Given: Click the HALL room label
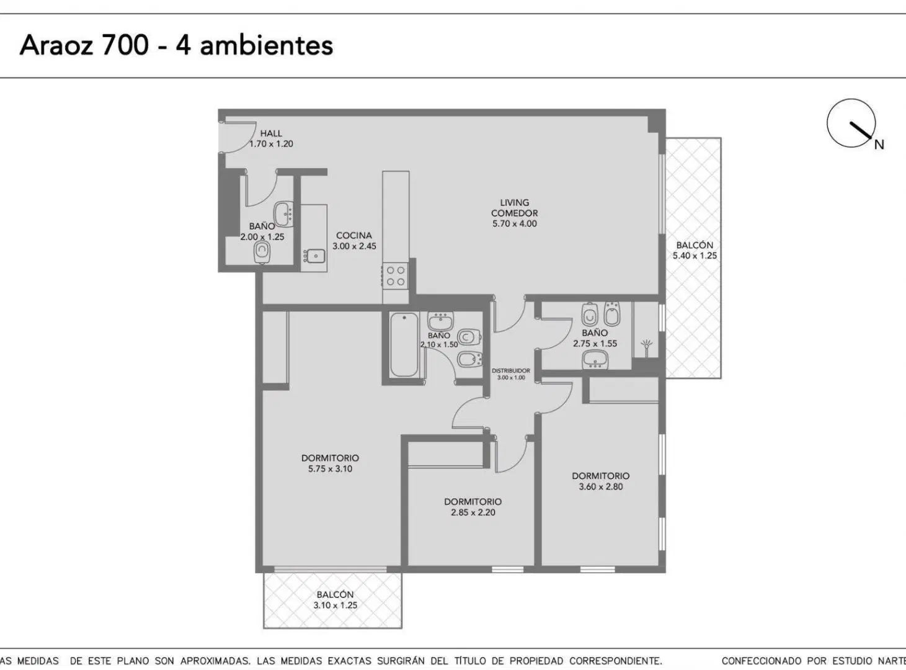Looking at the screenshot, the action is click(x=271, y=133).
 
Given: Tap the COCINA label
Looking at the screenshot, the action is click(x=353, y=236).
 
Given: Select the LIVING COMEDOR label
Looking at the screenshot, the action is click(x=514, y=208).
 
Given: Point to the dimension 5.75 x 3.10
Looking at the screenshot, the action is click(x=330, y=469).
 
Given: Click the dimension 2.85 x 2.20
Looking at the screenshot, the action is click(x=473, y=512).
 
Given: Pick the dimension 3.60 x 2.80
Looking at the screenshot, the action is click(x=600, y=486).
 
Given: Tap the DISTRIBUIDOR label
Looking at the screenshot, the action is click(x=511, y=371).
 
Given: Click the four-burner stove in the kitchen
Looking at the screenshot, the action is click(x=396, y=276).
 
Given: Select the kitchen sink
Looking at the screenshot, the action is click(x=315, y=256).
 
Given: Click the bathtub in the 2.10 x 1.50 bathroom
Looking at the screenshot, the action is click(x=404, y=344).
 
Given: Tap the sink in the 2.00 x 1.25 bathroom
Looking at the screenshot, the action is click(x=283, y=213).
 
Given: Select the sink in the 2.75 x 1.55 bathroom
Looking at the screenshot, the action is click(x=595, y=360).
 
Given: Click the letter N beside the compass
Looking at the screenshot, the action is click(x=879, y=145).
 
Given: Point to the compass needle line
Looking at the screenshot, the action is click(x=861, y=130).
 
